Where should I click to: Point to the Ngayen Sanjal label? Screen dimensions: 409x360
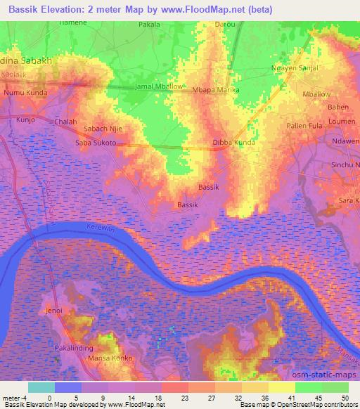tap(295, 67)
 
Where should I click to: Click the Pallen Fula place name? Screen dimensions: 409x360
tap(304, 125)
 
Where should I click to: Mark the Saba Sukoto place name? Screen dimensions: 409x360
tap(96, 143)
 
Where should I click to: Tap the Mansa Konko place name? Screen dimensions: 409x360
tap(109, 358)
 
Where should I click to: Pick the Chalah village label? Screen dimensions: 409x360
tap(65, 122)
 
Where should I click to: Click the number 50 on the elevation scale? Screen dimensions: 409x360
tap(345, 398)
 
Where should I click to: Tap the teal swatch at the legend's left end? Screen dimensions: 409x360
tap(41, 387)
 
